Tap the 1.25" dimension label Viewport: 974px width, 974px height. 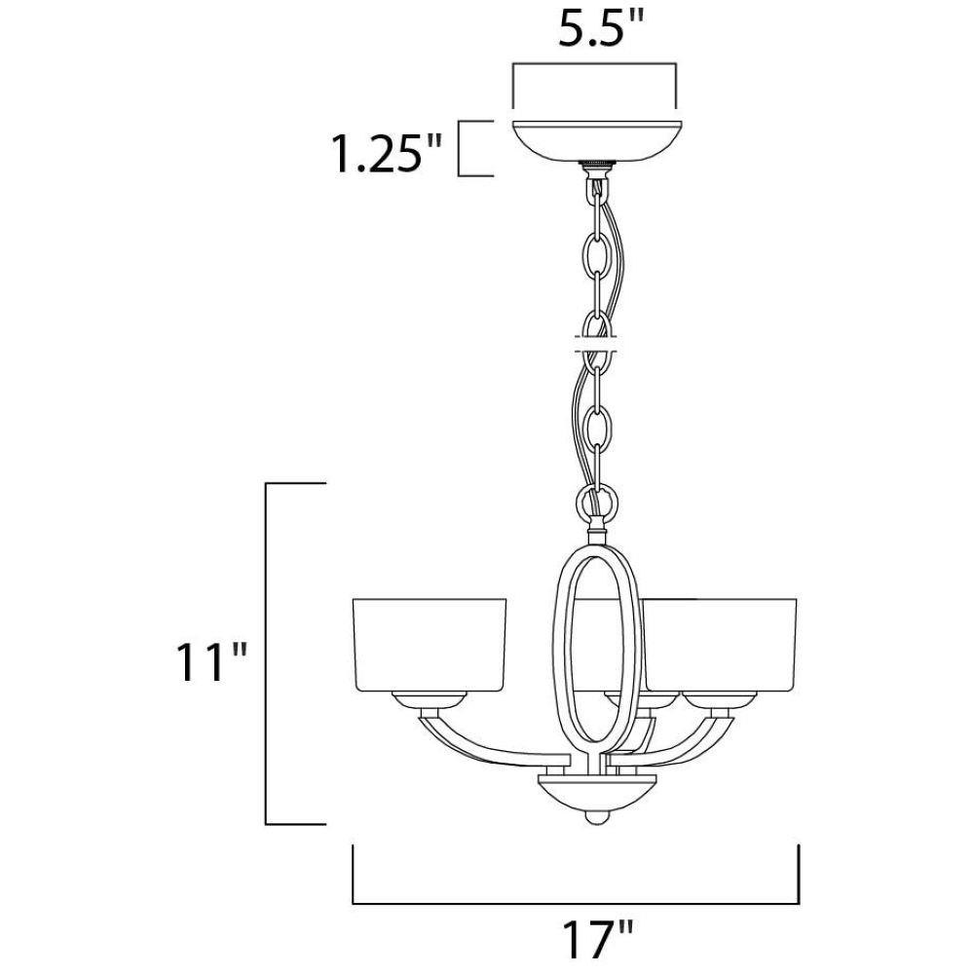click(x=388, y=154)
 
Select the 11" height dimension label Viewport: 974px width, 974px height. click(x=211, y=661)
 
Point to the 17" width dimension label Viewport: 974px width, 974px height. click(x=597, y=939)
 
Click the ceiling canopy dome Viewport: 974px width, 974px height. click(x=595, y=142)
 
